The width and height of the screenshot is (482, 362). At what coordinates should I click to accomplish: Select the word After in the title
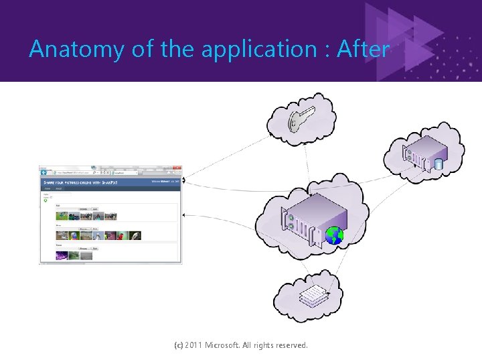[x=363, y=49]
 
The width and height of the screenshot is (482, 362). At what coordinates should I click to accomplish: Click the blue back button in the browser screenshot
[x=44, y=172]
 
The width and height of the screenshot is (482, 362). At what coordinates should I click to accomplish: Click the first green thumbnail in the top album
[x=62, y=217]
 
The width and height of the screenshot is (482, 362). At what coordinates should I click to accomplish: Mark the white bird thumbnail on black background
[x=135, y=236]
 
